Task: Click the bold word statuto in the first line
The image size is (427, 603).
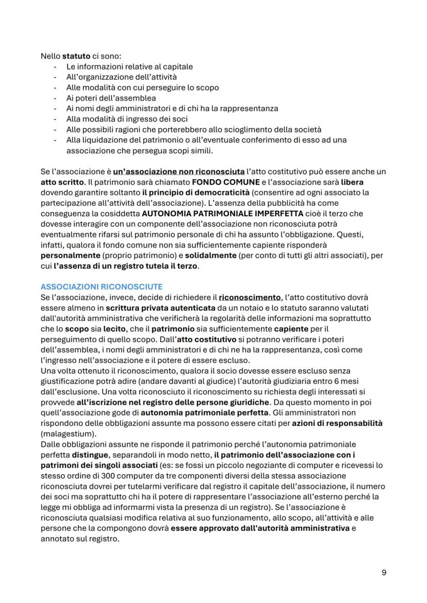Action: (x=76, y=56)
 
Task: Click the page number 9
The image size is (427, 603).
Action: (x=384, y=573)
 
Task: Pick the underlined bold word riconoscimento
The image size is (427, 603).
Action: (x=250, y=297)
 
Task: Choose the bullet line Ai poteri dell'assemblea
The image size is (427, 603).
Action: (x=111, y=98)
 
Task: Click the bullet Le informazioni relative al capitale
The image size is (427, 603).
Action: (x=129, y=66)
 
